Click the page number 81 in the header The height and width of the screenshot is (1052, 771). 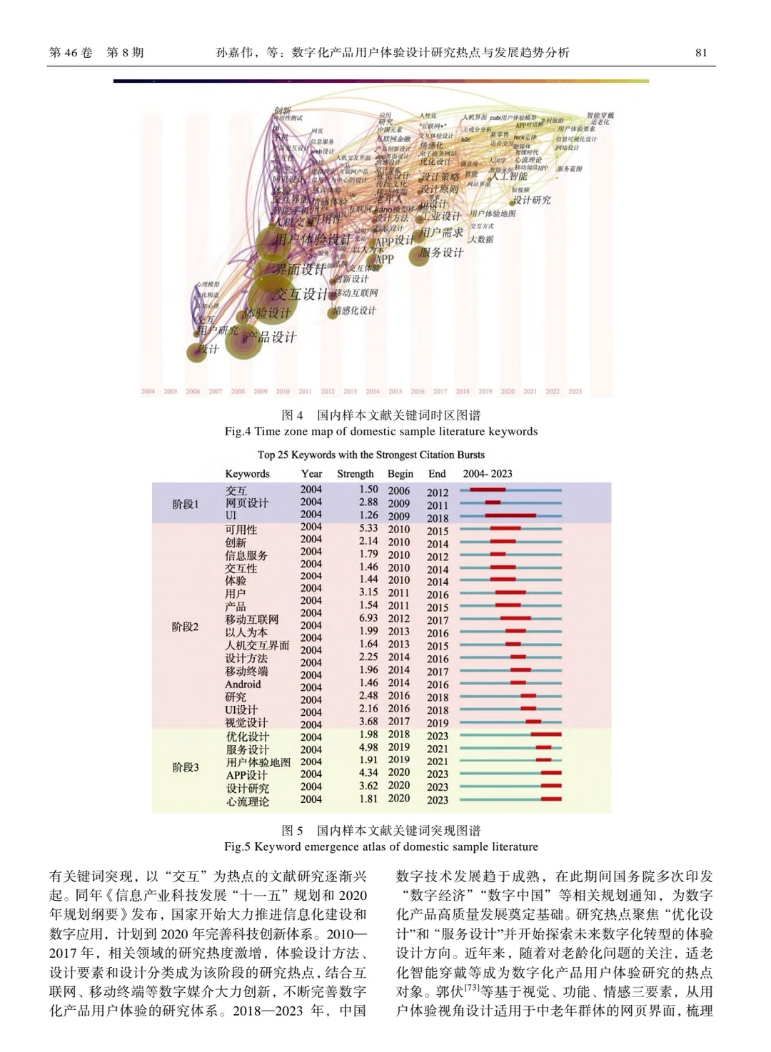700,53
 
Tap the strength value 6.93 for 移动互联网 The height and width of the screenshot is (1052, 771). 368,618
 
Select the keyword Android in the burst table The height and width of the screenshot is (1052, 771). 243,684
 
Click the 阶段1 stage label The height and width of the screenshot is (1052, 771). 186,504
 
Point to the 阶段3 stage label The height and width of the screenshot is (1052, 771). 186,767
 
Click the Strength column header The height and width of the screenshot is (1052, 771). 355,473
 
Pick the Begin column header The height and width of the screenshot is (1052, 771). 400,473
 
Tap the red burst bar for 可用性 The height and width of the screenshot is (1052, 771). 505,529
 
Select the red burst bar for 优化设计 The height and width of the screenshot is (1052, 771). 545,734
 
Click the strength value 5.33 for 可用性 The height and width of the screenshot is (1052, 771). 368,529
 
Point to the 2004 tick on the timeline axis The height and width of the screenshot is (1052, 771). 148,391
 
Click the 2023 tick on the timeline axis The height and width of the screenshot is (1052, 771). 575,391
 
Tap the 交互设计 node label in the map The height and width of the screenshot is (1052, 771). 302,294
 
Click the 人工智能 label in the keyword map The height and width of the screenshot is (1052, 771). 509,176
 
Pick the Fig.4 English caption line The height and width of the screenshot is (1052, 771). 381,431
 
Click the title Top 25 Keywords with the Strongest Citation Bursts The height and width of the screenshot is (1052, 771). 371,455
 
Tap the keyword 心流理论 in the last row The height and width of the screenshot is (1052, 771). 248,801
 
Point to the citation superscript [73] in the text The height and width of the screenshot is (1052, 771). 472,988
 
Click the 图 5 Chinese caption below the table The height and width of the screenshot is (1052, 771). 381,830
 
